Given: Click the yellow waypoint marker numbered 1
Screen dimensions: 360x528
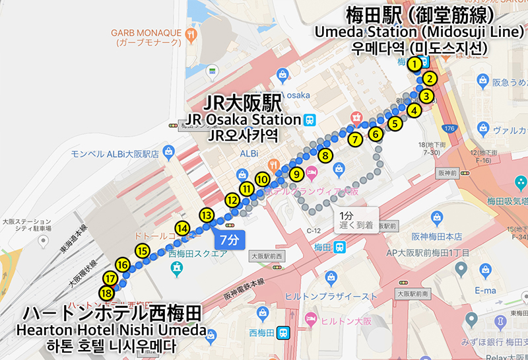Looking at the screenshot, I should coord(414,64).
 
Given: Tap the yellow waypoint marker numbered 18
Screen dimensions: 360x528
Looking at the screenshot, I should coord(106,293).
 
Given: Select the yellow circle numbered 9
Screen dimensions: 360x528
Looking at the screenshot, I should coord(296,174).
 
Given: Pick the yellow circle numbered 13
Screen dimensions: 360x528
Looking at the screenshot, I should coord(207,215).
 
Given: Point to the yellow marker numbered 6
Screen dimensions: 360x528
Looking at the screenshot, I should coord(376,135).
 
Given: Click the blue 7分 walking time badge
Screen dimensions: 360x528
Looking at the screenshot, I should coord(228,238).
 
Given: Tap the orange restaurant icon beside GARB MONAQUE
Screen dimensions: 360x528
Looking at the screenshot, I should coord(191,33).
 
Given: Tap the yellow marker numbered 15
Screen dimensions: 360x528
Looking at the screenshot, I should coord(143,250).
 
